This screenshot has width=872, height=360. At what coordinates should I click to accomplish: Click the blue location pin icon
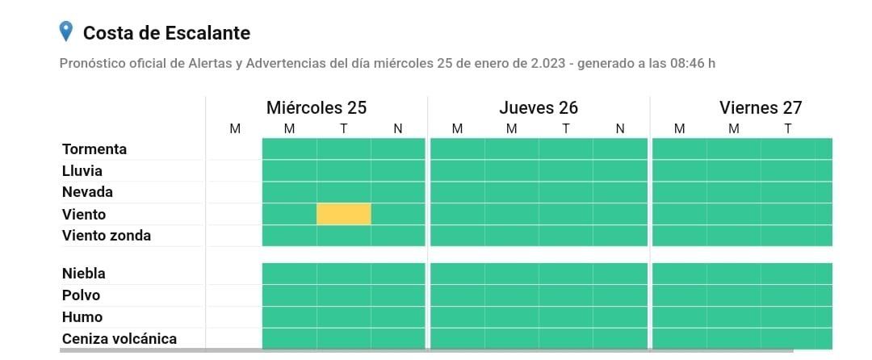pyautogui.click(x=67, y=31)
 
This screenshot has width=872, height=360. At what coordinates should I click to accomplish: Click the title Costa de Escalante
pyautogui.click(x=166, y=33)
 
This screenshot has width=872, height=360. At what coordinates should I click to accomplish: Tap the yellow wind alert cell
pyautogui.click(x=343, y=214)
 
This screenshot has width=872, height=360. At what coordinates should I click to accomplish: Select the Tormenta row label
pyautogui.click(x=94, y=149)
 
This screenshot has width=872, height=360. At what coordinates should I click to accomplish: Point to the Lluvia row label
pyautogui.click(x=82, y=171)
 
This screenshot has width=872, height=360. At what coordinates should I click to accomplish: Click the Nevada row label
pyautogui.click(x=87, y=192)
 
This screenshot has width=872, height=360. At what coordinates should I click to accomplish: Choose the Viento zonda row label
pyautogui.click(x=107, y=236)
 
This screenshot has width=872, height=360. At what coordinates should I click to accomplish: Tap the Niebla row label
pyautogui.click(x=84, y=274)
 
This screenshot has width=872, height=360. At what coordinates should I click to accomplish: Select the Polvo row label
pyautogui.click(x=82, y=295)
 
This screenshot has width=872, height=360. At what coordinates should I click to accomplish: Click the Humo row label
pyautogui.click(x=82, y=317)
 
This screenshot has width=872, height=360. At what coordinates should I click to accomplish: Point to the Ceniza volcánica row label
pyautogui.click(x=119, y=339)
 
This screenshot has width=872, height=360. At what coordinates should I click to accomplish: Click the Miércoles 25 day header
pyautogui.click(x=317, y=108)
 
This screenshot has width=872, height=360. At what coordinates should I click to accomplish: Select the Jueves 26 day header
pyautogui.click(x=539, y=108)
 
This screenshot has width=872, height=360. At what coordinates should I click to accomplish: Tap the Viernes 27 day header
pyautogui.click(x=761, y=108)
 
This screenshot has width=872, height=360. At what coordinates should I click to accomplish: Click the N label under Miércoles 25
pyautogui.click(x=398, y=128)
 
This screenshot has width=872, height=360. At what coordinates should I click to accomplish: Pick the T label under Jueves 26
pyautogui.click(x=565, y=128)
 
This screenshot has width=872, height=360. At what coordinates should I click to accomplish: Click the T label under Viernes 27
pyautogui.click(x=787, y=128)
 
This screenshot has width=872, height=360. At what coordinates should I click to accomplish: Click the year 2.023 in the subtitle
pyautogui.click(x=546, y=63)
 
